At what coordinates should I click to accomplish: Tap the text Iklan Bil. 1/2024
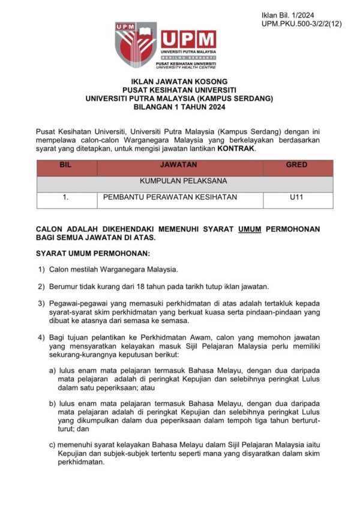[288, 14]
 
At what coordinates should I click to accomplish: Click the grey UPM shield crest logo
[136, 46]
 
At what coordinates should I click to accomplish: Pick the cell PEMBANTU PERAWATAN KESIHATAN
[170, 197]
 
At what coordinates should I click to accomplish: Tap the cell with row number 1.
[66, 197]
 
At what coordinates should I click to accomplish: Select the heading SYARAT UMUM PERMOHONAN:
[92, 253]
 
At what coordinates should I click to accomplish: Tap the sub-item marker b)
[53, 404]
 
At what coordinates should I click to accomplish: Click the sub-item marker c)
[53, 445]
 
